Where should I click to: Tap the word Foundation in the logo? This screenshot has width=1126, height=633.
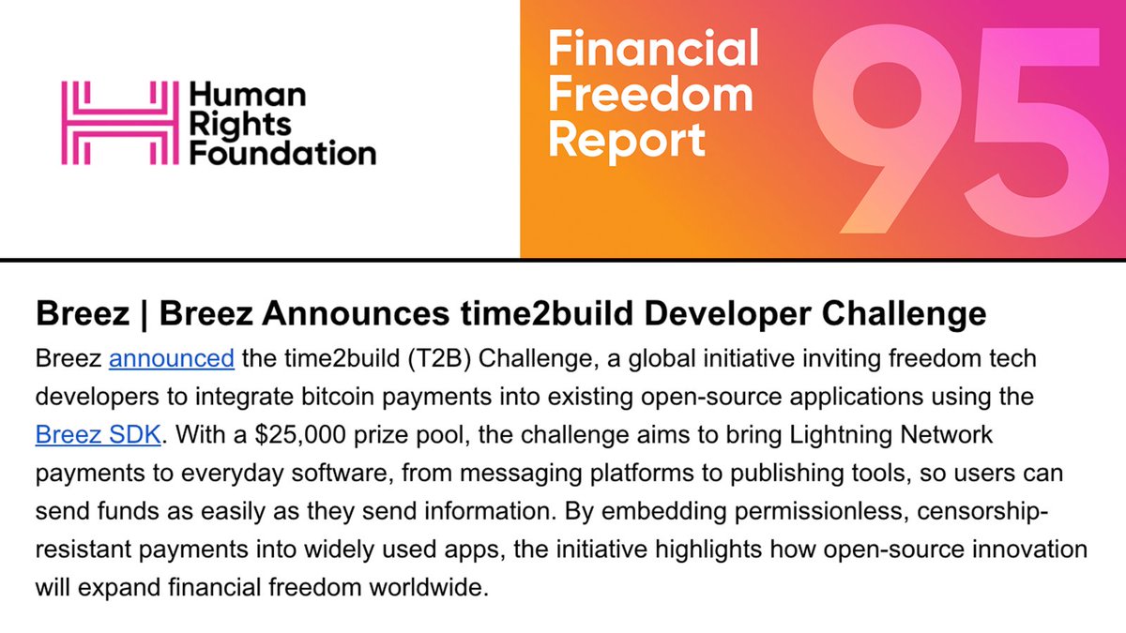282,151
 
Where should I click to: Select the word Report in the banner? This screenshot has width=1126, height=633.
628,140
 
